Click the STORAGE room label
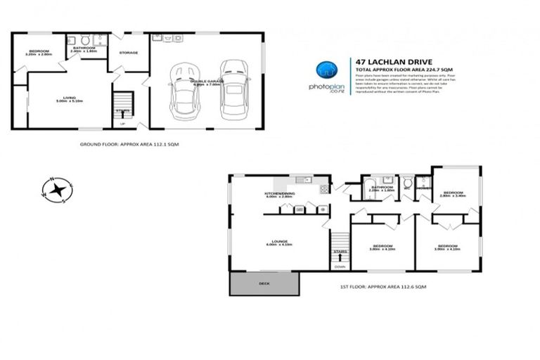129,53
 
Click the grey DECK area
264,283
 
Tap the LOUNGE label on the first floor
279,241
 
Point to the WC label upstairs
407,188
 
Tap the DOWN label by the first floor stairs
340,266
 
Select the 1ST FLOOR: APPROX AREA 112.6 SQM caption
382,287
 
